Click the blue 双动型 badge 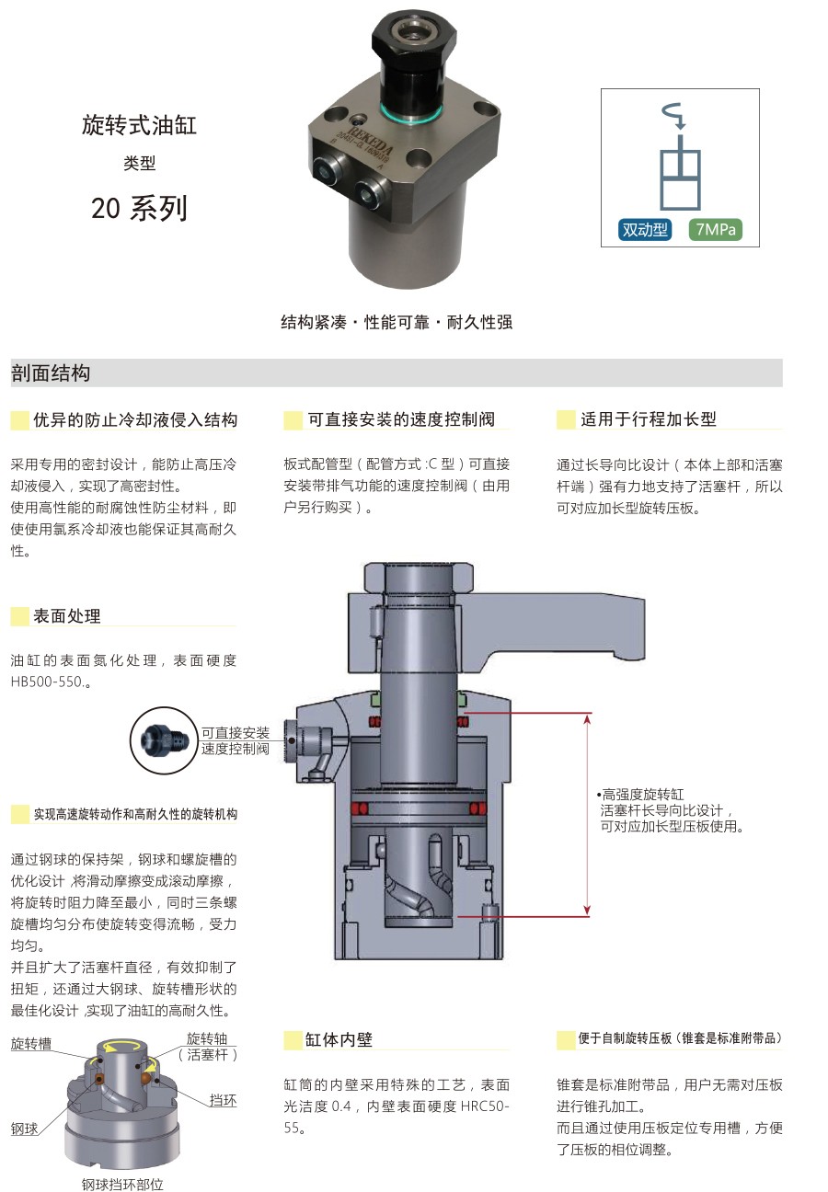644,229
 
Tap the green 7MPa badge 715,229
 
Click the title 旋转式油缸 140,125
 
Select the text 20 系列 139,208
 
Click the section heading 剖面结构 51,373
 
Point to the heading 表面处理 67,615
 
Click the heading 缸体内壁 339,1039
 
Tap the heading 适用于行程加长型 648,419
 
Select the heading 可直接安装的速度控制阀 401,419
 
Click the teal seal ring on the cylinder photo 411,113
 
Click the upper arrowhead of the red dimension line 587,720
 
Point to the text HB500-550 46,682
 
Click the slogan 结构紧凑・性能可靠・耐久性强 397,322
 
